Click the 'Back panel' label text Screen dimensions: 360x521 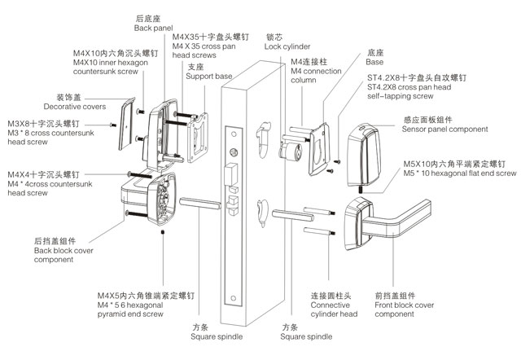click(153, 27)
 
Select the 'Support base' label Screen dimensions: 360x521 click(211, 76)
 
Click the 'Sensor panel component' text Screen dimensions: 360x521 click(444, 130)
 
